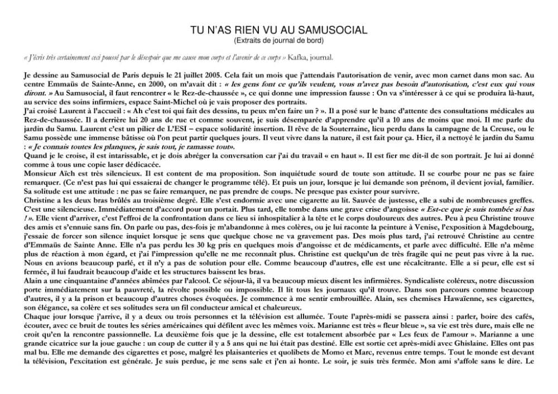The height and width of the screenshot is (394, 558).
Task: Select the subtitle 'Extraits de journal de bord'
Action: coord(279,40)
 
